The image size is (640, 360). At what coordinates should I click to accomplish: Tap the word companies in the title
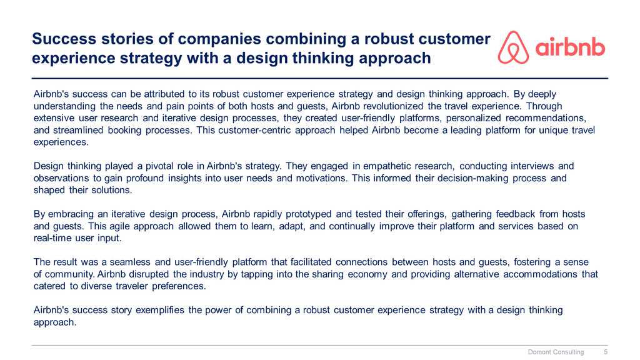[219, 39]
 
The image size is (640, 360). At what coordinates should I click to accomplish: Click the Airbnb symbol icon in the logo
[513, 47]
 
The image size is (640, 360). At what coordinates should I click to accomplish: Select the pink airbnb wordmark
[570, 47]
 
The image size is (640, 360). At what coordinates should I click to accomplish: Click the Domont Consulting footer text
[556, 352]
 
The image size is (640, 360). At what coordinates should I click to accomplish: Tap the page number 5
[606, 352]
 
